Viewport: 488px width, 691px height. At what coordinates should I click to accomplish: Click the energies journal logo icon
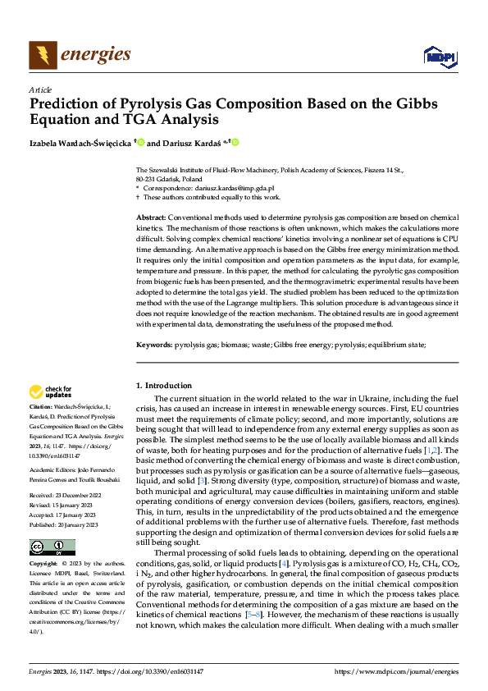pyautogui.click(x=43, y=55)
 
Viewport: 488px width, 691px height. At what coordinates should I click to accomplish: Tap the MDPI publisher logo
pyautogui.click(x=439, y=56)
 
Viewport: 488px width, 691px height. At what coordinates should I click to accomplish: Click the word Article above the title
pyautogui.click(x=40, y=89)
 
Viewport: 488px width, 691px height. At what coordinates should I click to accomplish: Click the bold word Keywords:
pyautogui.click(x=153, y=346)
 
